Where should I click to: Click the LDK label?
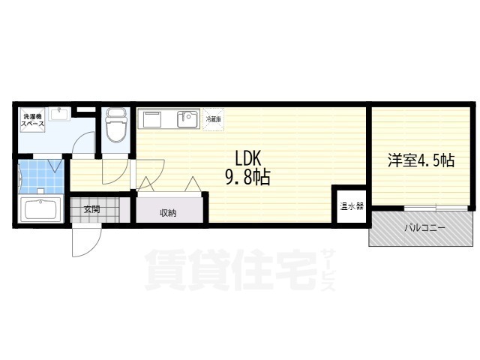pyautogui.click(x=247, y=158)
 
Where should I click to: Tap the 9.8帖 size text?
pyautogui.click(x=247, y=178)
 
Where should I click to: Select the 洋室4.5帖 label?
pyautogui.click(x=421, y=160)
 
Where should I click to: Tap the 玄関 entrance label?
pyautogui.click(x=91, y=209)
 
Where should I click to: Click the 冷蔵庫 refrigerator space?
pyautogui.click(x=213, y=119)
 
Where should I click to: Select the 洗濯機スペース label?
pyautogui.click(x=32, y=121)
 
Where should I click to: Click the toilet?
pyautogui.click(x=115, y=126)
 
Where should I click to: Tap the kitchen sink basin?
pyautogui.click(x=187, y=119)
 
